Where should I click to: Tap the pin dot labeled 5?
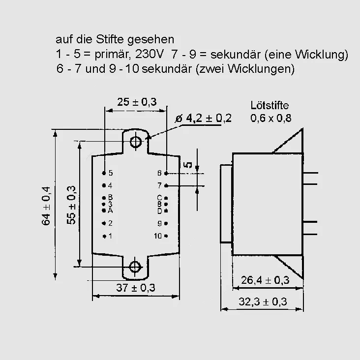tap(104, 173)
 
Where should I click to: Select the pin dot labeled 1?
tap(104, 236)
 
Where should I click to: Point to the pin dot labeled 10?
tap(166, 236)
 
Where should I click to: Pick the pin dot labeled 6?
tap(166, 173)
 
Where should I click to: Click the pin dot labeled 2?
tap(104, 223)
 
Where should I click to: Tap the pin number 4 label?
tap(111, 185)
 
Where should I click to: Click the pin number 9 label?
tap(159, 223)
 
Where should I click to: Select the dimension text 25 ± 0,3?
tap(137, 102)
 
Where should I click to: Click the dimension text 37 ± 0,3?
tap(136, 288)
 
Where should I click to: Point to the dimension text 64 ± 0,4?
tap(46, 206)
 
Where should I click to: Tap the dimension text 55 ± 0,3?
tap(71, 205)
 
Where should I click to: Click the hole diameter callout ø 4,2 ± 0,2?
tap(204, 118)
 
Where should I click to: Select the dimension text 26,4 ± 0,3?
tap(265, 280)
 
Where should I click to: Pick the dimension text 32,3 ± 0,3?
tap(263, 301)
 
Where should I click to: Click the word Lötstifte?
tap(270, 105)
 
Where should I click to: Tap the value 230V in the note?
tap(149, 54)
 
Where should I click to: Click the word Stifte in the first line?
tap(110, 39)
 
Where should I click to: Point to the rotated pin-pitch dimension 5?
tap(188, 165)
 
